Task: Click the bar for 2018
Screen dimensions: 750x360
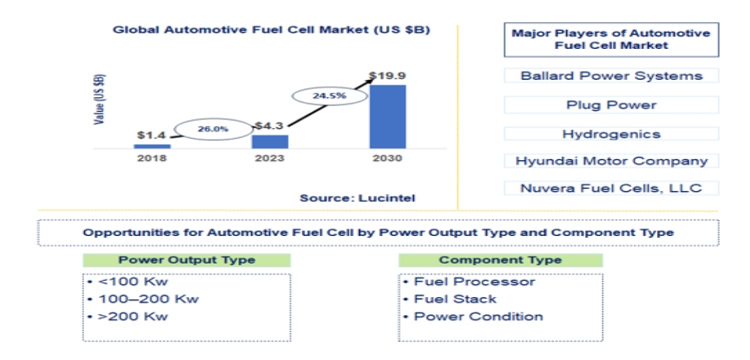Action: (152, 146)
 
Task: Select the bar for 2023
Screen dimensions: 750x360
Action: (270, 142)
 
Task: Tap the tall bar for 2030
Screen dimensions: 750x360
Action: (388, 117)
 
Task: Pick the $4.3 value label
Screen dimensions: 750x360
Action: (269, 127)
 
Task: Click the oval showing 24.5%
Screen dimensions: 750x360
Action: (330, 96)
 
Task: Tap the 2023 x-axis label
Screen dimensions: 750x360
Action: (270, 158)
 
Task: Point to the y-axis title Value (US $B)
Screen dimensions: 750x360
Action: (100, 100)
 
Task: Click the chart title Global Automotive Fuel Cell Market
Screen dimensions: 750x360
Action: (271, 29)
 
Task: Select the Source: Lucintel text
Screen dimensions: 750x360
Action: (357, 198)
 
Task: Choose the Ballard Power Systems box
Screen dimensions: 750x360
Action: (611, 76)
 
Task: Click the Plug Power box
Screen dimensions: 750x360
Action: (611, 104)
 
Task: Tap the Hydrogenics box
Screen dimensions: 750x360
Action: (611, 134)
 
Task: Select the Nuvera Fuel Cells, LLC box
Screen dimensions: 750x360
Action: (611, 188)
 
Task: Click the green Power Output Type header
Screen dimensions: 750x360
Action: (187, 260)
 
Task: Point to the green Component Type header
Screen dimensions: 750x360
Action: (500, 260)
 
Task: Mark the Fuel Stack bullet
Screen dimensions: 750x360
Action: (449, 300)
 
